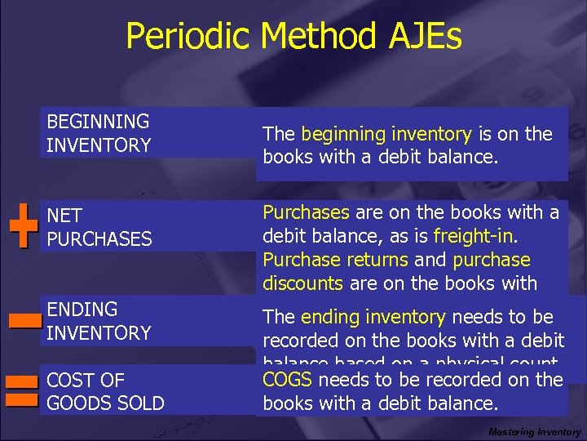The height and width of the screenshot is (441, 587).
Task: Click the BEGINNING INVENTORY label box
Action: (x=99, y=133)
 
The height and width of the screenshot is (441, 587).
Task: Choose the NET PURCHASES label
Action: (x=99, y=227)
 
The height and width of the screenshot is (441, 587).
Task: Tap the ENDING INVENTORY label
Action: (x=99, y=321)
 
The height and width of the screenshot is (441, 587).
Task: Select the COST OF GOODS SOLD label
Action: (x=105, y=391)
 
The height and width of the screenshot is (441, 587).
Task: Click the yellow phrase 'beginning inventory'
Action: (x=386, y=134)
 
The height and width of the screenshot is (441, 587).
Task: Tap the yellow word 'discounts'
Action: (x=303, y=283)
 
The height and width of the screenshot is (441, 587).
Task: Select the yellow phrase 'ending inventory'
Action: (x=373, y=317)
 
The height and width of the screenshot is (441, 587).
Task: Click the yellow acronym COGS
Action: (x=288, y=380)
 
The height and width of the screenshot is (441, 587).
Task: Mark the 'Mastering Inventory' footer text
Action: (x=534, y=432)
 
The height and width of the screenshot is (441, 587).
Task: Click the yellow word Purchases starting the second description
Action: (x=306, y=212)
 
